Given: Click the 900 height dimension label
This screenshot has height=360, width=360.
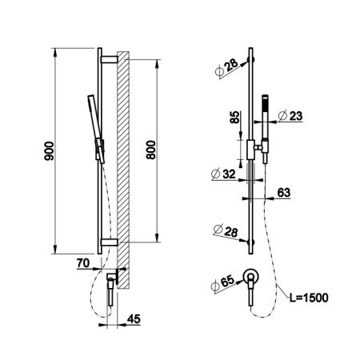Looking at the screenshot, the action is (x=49, y=151).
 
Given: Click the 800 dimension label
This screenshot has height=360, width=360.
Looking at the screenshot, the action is (x=151, y=150).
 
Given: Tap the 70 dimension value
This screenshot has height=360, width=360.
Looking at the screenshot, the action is (x=83, y=263).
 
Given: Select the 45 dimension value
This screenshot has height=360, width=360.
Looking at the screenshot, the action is (x=134, y=318).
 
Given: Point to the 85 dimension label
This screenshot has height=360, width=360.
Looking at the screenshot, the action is (x=234, y=117).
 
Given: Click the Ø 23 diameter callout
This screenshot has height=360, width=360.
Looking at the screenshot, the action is (x=290, y=116).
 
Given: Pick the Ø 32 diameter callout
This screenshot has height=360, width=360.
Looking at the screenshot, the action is (x=223, y=174).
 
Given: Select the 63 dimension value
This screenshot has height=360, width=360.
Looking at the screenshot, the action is (x=283, y=192).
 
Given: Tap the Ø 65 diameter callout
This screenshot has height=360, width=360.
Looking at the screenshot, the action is (x=223, y=283).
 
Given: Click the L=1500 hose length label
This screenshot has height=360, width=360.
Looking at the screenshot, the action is (x=309, y=298).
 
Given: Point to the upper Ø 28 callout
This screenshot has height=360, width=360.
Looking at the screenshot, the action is (x=226, y=68).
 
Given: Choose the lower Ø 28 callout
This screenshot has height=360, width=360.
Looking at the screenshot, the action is (x=226, y=231).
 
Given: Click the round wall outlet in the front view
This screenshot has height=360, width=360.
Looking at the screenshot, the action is (x=251, y=277).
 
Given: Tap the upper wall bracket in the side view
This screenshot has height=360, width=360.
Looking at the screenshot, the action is (x=109, y=59).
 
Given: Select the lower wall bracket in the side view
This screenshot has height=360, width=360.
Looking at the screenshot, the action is (x=109, y=242).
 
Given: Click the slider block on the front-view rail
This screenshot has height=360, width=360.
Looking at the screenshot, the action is (x=250, y=150).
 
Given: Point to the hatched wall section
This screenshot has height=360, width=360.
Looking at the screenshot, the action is (x=123, y=170).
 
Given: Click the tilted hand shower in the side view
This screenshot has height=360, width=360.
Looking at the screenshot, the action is (x=96, y=129).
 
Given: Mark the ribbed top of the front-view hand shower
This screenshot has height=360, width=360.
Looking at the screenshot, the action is (x=265, y=103).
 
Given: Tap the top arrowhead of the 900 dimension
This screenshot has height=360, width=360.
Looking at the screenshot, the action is (x=55, y=52).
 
